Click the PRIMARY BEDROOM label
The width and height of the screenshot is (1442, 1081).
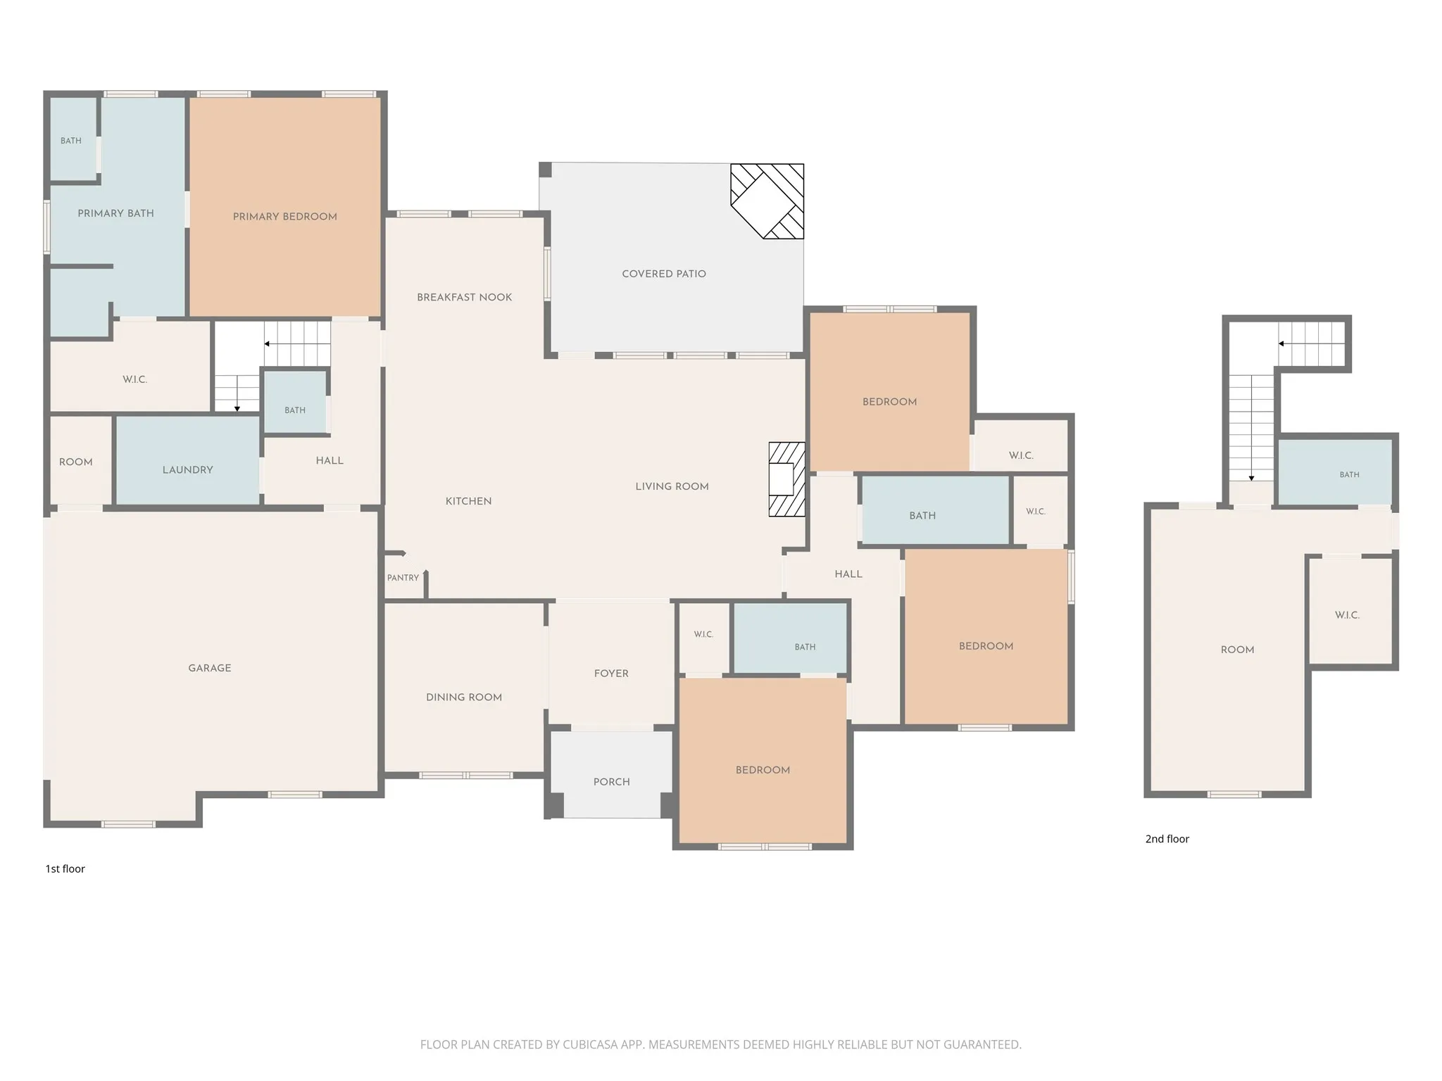pos(284,217)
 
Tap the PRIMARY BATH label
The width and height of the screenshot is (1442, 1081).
pos(115,213)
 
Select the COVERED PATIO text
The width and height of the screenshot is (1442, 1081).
pos(664,274)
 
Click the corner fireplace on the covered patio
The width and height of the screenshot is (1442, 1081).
pos(767,201)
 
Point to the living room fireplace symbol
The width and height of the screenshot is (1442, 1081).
pos(786,479)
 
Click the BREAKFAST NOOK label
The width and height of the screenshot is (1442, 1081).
pos(464,297)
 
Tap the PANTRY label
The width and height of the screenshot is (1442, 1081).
pos(403,578)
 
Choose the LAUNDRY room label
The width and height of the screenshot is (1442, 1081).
pos(187,470)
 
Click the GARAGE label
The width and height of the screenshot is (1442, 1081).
pos(210,668)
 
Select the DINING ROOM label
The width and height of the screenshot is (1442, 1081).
pos(464,697)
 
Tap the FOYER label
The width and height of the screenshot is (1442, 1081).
pos(611,674)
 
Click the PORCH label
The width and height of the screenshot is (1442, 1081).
pos(611,782)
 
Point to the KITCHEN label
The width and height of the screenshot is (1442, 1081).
pos(468,501)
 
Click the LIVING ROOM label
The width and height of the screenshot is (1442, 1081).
pos(672,486)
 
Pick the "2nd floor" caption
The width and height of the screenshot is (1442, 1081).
pos(1167,839)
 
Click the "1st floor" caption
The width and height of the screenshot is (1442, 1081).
pos(65,869)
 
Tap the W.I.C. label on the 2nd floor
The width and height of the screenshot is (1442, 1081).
pos(1347,615)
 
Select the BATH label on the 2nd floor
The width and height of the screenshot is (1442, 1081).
pos(1349,475)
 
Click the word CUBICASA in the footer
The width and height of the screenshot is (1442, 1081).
pos(589,1045)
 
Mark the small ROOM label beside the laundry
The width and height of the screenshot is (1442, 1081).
pos(75,462)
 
